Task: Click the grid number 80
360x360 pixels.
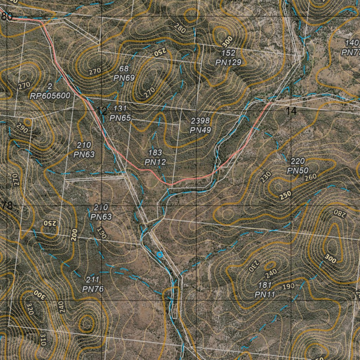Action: coord(6,17)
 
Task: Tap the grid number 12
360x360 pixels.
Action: coord(102,111)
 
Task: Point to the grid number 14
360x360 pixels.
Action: coord(291,111)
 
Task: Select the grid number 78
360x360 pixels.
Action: coord(7,206)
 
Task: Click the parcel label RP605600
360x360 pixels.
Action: coord(50,96)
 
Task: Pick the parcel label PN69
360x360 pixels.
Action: coord(124,78)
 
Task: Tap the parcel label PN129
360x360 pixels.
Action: coord(229,63)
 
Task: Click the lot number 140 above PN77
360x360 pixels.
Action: coord(352,43)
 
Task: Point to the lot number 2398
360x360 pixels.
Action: coord(200,121)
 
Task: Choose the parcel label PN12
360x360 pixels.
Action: coord(155,162)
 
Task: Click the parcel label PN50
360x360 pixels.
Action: coord(297,171)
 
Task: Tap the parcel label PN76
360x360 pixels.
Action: coord(92,289)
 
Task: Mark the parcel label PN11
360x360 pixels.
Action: coord(264,294)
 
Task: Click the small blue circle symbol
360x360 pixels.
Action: coord(159,254)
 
